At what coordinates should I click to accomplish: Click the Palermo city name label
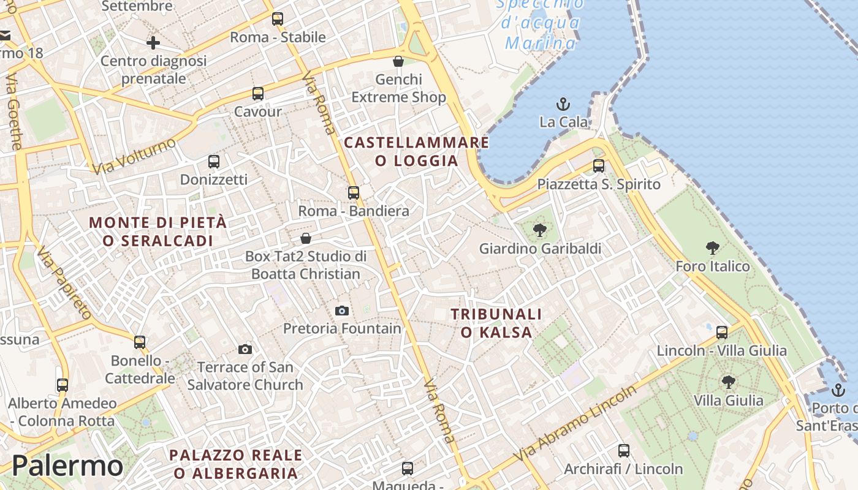[x=67, y=466]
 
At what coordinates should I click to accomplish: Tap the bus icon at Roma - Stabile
[x=278, y=19]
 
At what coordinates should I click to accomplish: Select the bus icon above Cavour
[x=258, y=94]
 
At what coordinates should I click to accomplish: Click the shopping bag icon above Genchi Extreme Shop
[x=398, y=61]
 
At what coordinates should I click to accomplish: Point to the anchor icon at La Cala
[x=563, y=104]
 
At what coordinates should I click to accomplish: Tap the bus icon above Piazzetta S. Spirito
[x=599, y=166]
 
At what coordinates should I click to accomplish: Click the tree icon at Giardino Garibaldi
[x=540, y=231]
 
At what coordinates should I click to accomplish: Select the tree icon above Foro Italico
[x=712, y=248]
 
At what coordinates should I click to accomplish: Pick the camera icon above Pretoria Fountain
[x=342, y=311]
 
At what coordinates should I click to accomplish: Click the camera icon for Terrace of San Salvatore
[x=245, y=349]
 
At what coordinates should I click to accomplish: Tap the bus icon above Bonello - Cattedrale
[x=140, y=342]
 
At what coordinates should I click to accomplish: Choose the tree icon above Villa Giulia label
[x=728, y=382]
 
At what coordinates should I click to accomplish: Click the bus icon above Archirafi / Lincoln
[x=624, y=451]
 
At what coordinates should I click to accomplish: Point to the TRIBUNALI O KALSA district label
[x=496, y=323]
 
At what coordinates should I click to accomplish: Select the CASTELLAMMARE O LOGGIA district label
[x=417, y=151]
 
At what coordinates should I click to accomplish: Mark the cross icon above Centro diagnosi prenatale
[x=153, y=43]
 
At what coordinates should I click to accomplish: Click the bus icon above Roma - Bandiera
[x=354, y=193]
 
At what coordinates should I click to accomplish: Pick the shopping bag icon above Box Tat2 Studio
[x=306, y=238]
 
